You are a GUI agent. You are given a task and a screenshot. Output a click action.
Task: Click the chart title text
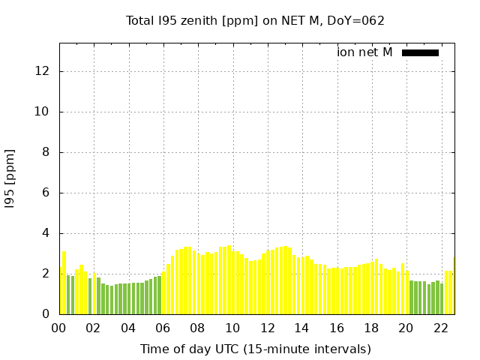tap(255, 20)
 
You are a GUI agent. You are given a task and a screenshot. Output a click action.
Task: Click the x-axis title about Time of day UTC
tap(255, 349)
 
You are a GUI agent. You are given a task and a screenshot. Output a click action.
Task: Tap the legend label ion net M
tap(364, 52)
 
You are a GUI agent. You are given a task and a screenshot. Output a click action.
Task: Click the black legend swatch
tap(420, 52)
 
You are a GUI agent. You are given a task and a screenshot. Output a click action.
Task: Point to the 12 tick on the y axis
tap(42, 71)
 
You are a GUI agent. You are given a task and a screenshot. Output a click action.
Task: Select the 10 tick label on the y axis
tap(42, 112)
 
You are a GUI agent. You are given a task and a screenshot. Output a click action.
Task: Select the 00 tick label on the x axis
tap(59, 328)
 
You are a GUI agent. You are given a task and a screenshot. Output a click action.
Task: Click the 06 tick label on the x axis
tap(163, 328)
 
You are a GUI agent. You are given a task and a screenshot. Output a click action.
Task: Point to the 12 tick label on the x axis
tap(267, 328)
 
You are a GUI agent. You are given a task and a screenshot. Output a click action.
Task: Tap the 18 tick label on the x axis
tap(370, 328)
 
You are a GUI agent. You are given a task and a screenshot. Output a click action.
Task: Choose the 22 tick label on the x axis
tap(440, 328)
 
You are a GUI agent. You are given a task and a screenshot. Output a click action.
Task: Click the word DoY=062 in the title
tap(359, 20)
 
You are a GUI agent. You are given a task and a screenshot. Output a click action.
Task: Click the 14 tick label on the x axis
tap(301, 328)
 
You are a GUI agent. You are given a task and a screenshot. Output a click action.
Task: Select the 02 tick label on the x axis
tap(94, 328)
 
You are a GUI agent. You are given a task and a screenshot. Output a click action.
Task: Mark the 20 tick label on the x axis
tap(406, 328)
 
